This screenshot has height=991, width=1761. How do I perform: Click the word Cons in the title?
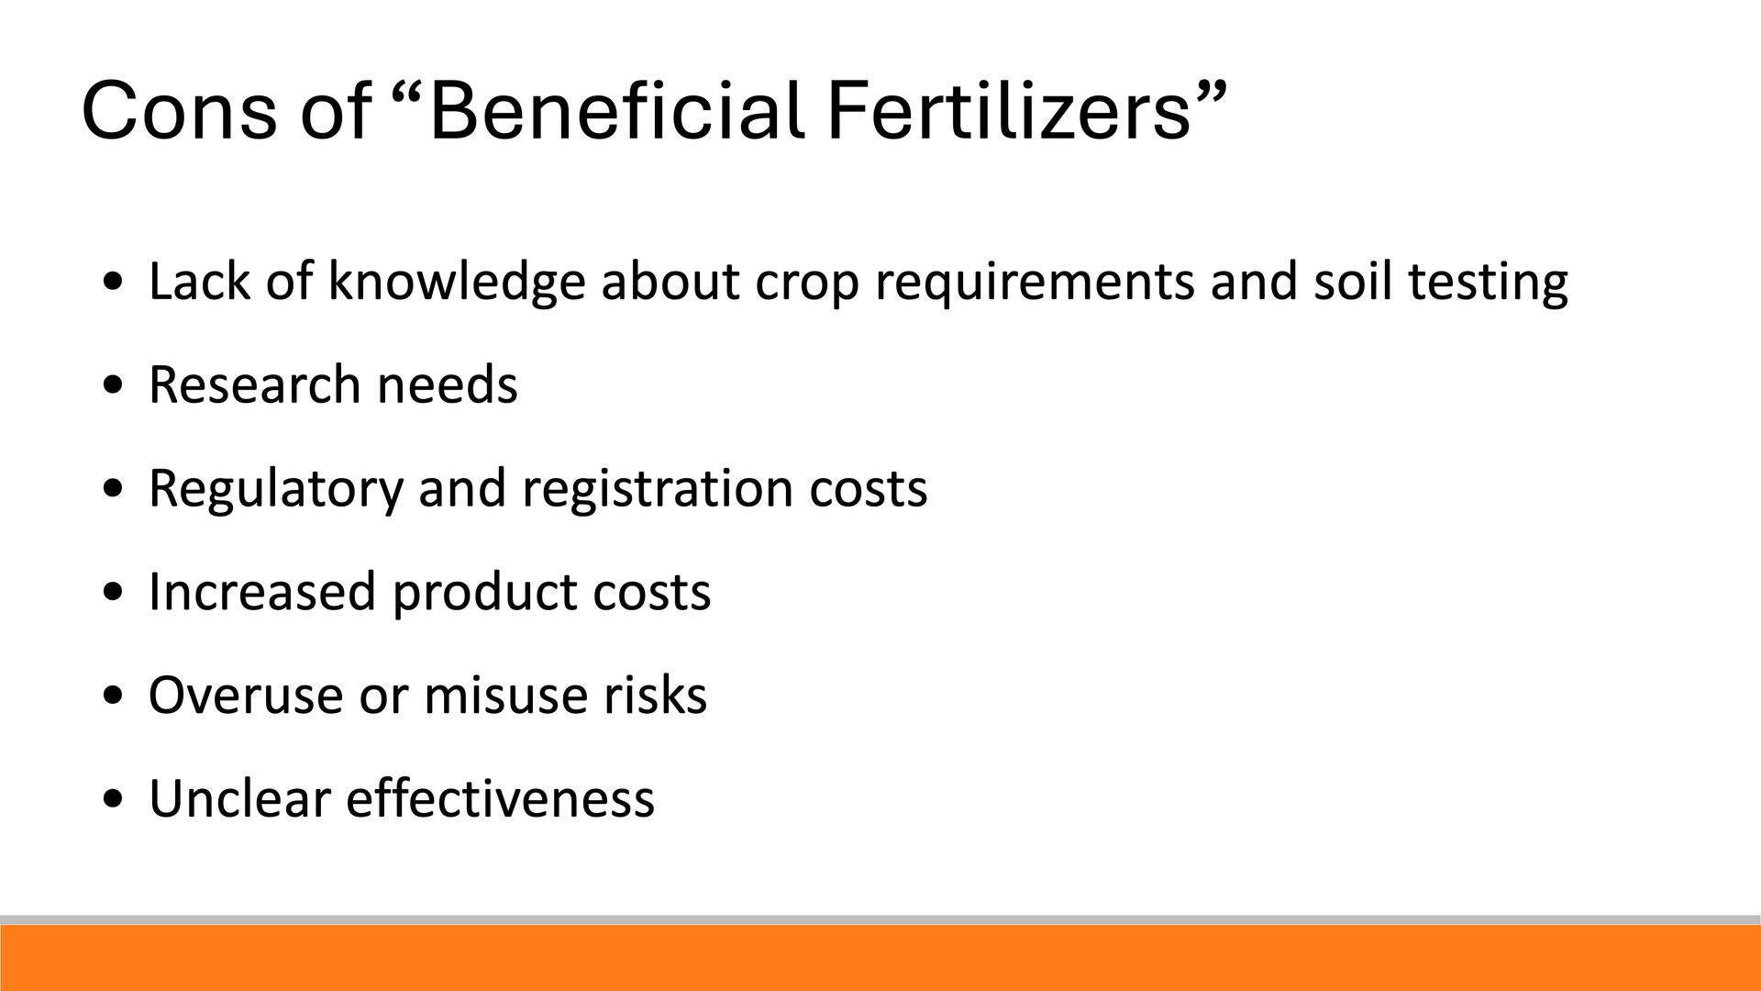[x=179, y=111]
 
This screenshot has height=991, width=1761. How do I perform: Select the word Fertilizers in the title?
[x=1008, y=110]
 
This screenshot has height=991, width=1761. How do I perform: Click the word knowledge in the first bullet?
[x=457, y=282]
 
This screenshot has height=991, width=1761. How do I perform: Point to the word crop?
[x=807, y=284]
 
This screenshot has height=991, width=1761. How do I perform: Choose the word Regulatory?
[x=276, y=489]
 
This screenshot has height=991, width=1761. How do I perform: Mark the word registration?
[x=658, y=489]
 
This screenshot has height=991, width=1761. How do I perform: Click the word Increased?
[x=262, y=591]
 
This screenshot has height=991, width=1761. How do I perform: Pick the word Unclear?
[x=239, y=798]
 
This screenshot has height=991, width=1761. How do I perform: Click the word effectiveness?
[x=501, y=798]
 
